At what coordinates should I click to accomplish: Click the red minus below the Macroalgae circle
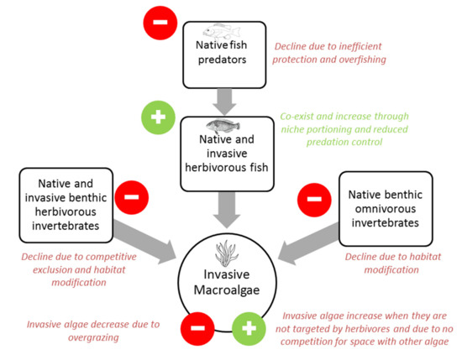(x=199, y=328)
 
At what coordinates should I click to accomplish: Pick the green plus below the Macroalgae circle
(x=247, y=328)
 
